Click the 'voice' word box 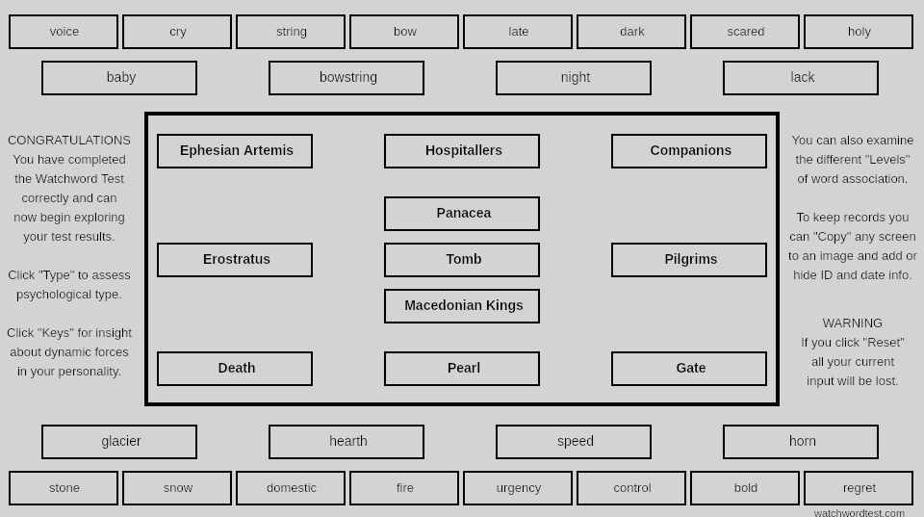coord(64,32)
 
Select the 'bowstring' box coord(346,78)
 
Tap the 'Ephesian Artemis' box coord(235,151)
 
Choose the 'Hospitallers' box coord(462,151)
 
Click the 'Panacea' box coord(462,214)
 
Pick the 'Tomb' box coord(462,260)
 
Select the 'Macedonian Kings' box coord(462,306)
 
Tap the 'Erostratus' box coord(235,260)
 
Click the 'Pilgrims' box coord(689,260)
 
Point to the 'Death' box coord(235,369)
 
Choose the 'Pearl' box coord(462,369)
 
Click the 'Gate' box coord(689,369)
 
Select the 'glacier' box coord(119,442)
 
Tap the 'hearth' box coord(346,442)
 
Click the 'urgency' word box coord(518,488)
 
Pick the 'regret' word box coord(859,488)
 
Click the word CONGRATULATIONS coord(69,141)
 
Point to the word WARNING coord(852,323)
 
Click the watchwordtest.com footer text coord(860,513)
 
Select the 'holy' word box coord(859,32)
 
